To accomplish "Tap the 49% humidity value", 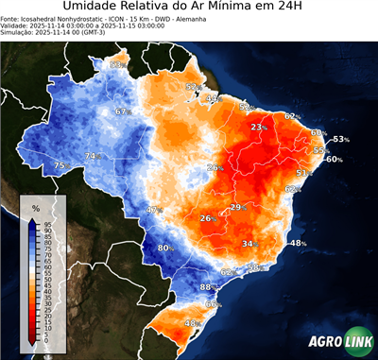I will click(213, 98).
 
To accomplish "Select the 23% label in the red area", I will click(258, 127).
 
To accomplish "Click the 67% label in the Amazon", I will click(121, 111).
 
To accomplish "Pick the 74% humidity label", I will click(92, 156).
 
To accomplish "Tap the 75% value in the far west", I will click(60, 165).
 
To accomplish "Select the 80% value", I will click(164, 248).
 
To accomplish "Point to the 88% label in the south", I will click(208, 286).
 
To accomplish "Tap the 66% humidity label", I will click(213, 304).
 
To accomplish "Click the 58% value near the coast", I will click(253, 268).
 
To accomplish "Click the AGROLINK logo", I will click(338, 342).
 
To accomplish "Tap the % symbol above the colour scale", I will click(36, 207).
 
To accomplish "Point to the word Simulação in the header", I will click(18, 32).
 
